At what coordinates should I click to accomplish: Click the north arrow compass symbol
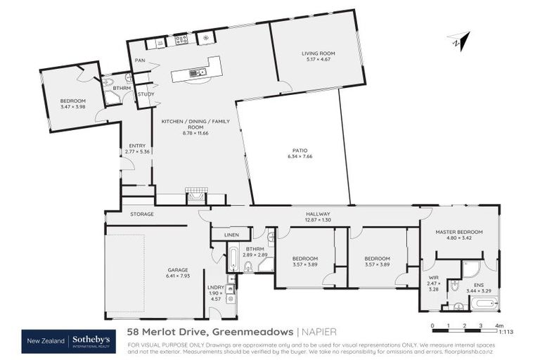(x=458, y=41)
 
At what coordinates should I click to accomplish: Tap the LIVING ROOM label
(x=318, y=53)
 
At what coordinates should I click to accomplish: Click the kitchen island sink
(x=198, y=72)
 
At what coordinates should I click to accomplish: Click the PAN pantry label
(x=140, y=60)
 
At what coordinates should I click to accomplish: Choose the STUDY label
(x=146, y=94)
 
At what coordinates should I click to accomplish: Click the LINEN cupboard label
(x=231, y=235)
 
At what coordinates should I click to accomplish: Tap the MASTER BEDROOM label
(x=459, y=232)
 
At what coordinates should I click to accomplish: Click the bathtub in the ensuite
(x=484, y=304)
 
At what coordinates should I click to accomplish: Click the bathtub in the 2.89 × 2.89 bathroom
(x=233, y=259)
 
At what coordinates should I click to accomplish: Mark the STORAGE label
(x=142, y=214)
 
